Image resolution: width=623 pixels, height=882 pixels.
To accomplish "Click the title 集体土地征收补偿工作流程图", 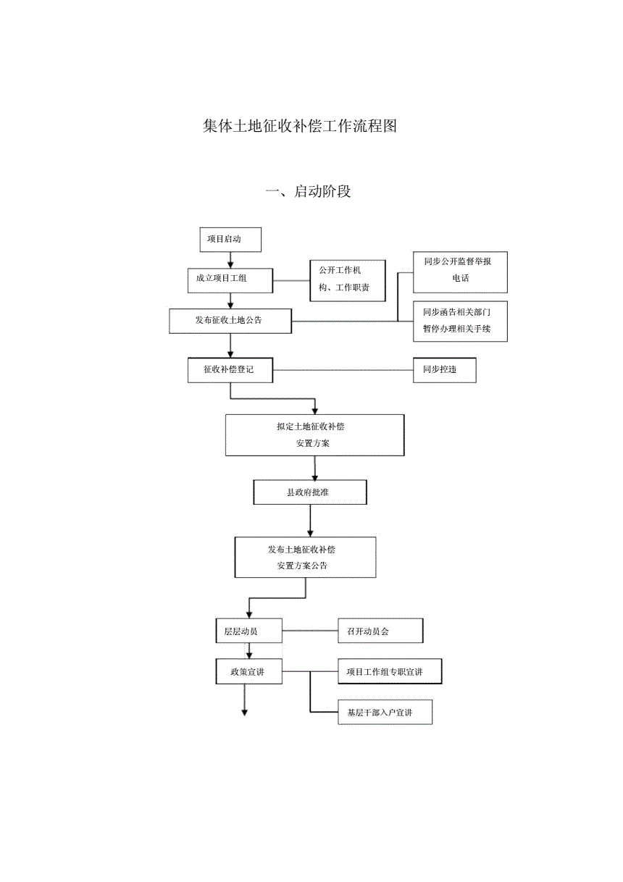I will [x=300, y=126].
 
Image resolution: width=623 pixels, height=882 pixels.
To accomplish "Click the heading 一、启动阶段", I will [x=309, y=192].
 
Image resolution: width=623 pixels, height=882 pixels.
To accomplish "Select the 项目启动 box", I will [x=230, y=239].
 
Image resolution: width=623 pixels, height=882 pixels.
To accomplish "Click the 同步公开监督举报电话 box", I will [x=460, y=272].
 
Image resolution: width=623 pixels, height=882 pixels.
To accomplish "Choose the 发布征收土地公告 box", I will [x=230, y=321].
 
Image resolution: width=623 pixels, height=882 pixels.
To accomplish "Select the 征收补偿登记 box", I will [x=230, y=370].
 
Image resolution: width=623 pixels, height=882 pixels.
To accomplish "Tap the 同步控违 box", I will [x=444, y=370].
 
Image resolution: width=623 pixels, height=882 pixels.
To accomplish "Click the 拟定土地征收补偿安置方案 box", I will [x=314, y=435].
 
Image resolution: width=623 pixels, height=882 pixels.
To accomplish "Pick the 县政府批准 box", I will [x=310, y=492].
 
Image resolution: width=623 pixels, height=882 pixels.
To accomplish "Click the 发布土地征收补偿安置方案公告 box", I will [x=306, y=557].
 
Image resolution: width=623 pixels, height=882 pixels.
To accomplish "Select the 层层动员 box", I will [x=248, y=631].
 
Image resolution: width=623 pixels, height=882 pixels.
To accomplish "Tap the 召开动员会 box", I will [x=380, y=631].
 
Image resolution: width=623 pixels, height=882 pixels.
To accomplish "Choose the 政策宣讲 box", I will [x=248, y=672].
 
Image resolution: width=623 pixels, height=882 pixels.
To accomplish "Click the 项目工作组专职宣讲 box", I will [x=390, y=672].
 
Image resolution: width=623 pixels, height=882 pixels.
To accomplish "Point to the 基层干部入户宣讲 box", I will [x=385, y=713].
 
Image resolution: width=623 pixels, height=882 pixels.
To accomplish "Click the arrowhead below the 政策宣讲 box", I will [x=245, y=713].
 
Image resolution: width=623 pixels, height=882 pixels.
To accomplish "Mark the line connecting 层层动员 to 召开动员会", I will [x=310, y=631].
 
